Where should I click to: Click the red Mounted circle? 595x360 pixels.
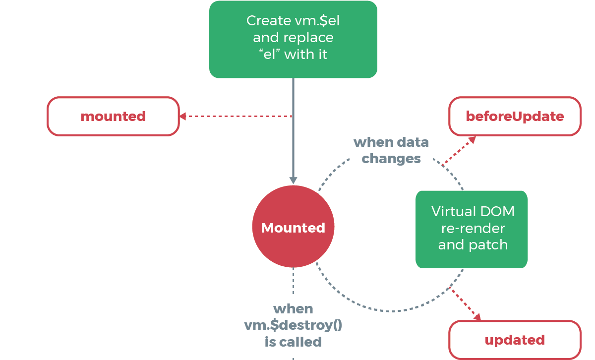pos(293,228)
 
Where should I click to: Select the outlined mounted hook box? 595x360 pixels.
pos(113,117)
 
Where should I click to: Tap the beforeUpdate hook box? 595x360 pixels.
pos(515,117)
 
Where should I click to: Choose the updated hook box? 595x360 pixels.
pos(515,340)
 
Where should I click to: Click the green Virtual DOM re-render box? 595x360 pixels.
pos(471,229)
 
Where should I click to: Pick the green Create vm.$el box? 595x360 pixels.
pos(293,39)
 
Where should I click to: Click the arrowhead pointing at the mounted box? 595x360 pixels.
pos(182,117)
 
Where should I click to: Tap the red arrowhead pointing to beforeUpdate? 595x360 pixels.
pos(472,139)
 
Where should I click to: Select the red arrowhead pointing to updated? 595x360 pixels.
pos(477,317)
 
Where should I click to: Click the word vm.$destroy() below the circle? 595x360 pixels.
pos(293,325)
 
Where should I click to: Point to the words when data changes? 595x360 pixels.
pos(391,150)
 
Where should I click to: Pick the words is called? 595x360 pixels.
pos(293,342)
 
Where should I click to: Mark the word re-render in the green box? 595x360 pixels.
pos(473,228)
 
